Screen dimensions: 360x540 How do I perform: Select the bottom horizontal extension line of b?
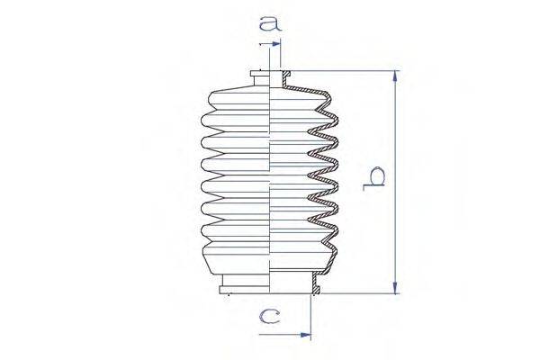click(360, 293)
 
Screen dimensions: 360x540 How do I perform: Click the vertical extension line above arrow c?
click(311, 315)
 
